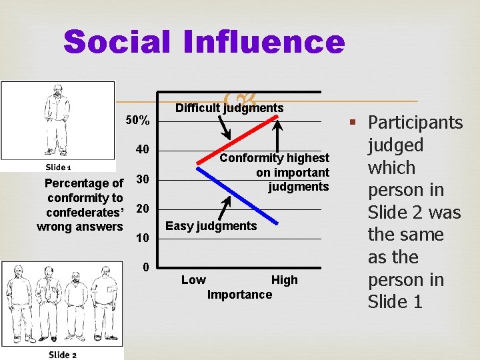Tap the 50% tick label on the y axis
(x=138, y=121)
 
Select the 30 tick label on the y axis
(x=142, y=179)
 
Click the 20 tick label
(x=142, y=209)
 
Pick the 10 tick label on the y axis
(x=142, y=239)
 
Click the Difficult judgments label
(x=229, y=108)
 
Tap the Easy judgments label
(x=211, y=226)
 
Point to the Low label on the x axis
(x=193, y=280)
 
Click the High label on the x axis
(x=284, y=280)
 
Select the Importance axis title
(x=240, y=295)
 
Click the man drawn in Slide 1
(x=57, y=120)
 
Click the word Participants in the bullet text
(x=415, y=123)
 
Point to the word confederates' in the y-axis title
(x=85, y=213)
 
